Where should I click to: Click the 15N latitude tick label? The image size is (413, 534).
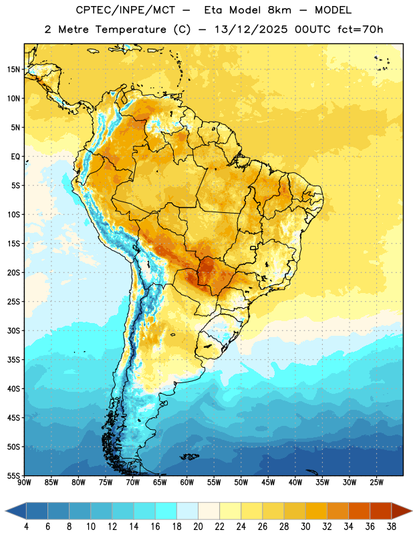coord(13,69)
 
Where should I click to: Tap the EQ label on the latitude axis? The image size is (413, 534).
coord(15,157)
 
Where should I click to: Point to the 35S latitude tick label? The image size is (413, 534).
coord(13,360)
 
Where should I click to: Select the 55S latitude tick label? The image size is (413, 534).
coord(13,475)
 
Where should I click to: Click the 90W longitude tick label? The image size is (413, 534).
coord(24,482)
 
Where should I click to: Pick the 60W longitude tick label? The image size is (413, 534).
coord(187,482)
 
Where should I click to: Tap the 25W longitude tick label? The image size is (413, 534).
coord(376,482)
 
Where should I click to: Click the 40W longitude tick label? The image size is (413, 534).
coord(295,482)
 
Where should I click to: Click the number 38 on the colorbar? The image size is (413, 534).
coord(392,527)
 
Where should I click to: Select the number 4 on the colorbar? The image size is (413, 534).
coord(26,527)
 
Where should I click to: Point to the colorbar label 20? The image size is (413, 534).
coord(198,527)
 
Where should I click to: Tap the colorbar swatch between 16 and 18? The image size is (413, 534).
coord(166,511)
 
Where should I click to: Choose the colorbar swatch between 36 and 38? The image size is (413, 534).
coord(381,511)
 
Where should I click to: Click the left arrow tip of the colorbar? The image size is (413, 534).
coord(5,511)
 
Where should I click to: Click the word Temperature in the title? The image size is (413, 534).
coord(131,29)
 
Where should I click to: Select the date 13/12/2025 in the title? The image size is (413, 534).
coord(251,29)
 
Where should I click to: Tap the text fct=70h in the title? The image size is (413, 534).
coord(360,29)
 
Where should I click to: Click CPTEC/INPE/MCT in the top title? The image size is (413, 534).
coord(126,10)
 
